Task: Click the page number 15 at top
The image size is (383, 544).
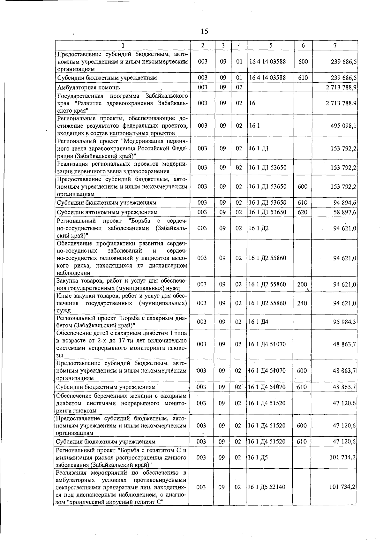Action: [x=204, y=31]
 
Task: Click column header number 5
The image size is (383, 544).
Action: [x=270, y=45]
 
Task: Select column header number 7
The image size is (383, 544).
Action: [x=334, y=45]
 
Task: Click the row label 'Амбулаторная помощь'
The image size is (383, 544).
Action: [x=88, y=87]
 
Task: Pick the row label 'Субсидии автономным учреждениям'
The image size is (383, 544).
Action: [x=107, y=212]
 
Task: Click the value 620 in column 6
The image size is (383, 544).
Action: [x=302, y=212]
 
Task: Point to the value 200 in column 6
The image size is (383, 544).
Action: [x=302, y=284]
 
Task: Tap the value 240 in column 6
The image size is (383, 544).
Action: [x=302, y=303]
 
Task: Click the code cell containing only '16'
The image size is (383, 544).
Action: [x=252, y=103]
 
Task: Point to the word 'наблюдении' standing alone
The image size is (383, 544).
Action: [x=73, y=273]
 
